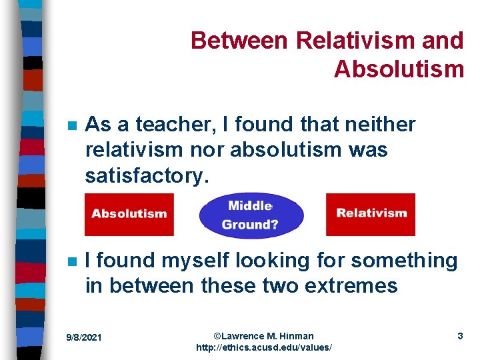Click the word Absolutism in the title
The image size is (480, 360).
pyautogui.click(x=399, y=69)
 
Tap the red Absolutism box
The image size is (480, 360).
pyautogui.click(x=129, y=214)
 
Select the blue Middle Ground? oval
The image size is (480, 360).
pyautogui.click(x=251, y=215)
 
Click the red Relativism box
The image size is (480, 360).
pyautogui.click(x=371, y=214)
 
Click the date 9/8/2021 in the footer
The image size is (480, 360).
pyautogui.click(x=84, y=337)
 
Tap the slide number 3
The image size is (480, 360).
pyautogui.click(x=460, y=336)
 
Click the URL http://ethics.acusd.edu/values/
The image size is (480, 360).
pyautogui.click(x=264, y=348)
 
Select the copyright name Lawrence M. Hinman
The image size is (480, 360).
pyautogui.click(x=264, y=335)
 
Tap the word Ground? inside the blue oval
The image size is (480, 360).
pyautogui.click(x=250, y=225)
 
